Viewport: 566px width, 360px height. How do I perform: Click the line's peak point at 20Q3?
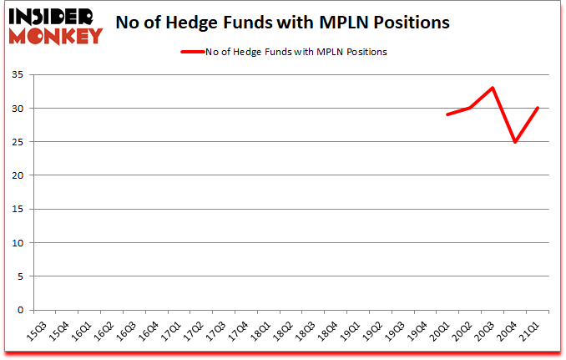493,88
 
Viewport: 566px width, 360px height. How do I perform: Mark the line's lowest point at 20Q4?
515,142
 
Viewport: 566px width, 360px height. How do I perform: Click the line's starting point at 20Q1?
447,114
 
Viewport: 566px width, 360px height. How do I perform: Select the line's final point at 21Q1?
538,108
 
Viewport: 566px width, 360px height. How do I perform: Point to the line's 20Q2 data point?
470,108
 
